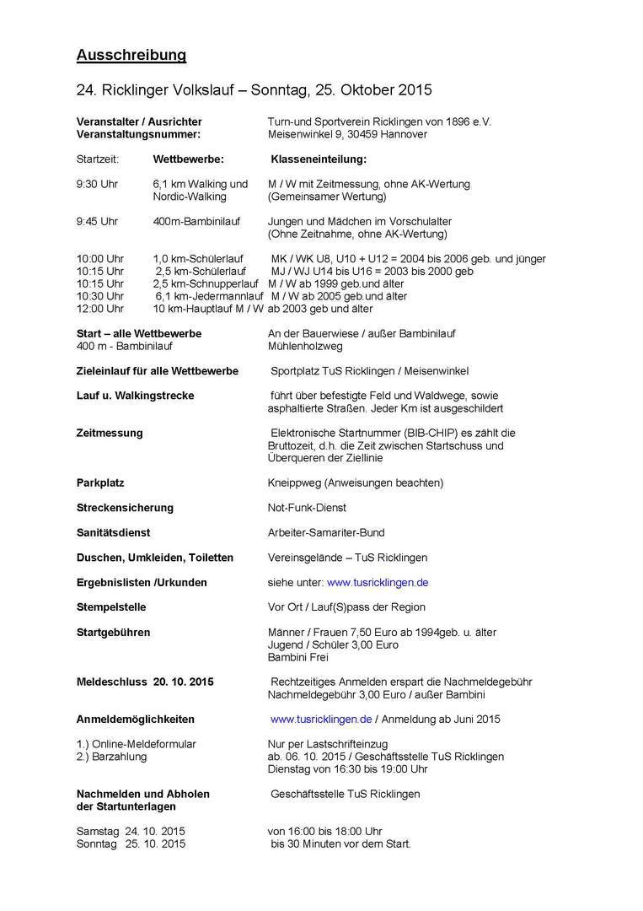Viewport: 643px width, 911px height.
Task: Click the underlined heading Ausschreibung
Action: point(131,56)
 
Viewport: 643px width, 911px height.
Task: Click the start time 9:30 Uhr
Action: point(97,184)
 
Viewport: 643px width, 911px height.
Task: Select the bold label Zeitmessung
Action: point(110,433)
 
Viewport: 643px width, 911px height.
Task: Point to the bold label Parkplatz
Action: point(100,482)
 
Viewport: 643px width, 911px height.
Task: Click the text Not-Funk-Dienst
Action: point(307,508)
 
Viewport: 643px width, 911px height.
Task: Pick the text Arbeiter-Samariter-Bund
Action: point(326,532)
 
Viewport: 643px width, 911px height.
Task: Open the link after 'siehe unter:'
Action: point(378,582)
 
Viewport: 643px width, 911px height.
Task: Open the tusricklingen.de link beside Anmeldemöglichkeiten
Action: point(321,720)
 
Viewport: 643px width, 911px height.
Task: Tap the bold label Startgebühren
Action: point(113,632)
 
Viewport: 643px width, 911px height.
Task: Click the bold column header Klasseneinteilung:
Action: point(319,159)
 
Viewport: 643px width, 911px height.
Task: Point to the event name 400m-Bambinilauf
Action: point(196,221)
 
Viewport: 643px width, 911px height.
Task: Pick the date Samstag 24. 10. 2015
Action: point(131,831)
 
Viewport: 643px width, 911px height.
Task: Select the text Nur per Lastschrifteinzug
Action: point(327,744)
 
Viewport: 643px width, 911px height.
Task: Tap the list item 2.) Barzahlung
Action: point(111,757)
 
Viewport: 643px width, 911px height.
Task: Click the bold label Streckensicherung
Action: point(125,508)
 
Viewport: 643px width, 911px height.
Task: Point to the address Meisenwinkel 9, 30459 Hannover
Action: point(347,134)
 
